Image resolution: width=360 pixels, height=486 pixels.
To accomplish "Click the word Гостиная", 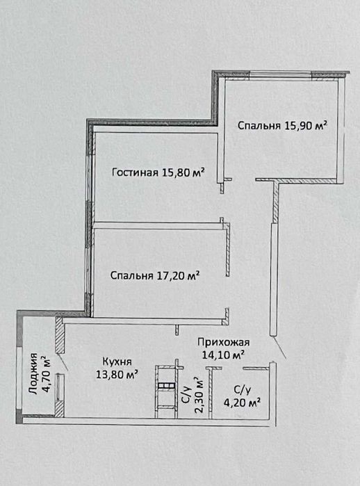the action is point(135,172).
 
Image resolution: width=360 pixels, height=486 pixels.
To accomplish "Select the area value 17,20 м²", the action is point(177,275).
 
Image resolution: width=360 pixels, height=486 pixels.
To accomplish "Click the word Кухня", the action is point(117,362).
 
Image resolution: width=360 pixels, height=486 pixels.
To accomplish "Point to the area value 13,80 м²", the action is point(117,375).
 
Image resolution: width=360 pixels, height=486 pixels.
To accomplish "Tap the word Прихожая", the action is point(223,343).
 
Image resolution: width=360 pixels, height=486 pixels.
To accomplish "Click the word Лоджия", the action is point(33,373).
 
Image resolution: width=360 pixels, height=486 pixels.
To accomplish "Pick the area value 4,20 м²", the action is point(243,403).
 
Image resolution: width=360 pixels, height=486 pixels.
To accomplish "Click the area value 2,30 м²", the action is point(199,395).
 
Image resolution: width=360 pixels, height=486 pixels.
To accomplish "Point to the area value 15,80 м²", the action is point(183,172).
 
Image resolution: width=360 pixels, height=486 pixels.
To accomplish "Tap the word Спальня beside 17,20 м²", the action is point(131,275).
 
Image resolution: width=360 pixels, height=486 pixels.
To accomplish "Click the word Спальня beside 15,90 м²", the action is point(259,126).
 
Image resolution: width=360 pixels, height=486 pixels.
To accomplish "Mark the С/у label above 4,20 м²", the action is point(242,389).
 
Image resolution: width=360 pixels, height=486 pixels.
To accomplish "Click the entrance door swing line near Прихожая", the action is point(280,348).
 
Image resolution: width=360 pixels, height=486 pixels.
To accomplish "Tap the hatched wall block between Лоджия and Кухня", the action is point(60,334).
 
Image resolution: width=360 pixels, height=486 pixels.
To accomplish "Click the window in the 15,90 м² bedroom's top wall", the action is point(280,74).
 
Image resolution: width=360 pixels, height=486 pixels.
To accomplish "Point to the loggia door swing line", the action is point(63,362).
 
